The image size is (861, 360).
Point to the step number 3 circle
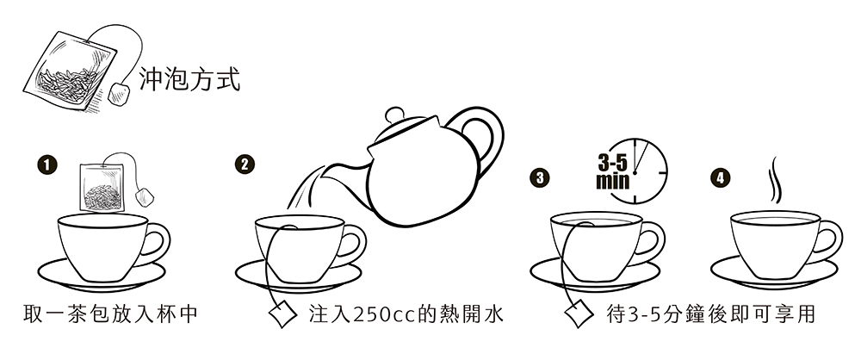click(x=540, y=178)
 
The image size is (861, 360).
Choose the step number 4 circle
click(x=719, y=178)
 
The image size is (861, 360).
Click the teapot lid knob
click(x=395, y=115)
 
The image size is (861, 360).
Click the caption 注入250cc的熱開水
click(x=406, y=314)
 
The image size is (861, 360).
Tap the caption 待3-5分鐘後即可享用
click(x=709, y=314)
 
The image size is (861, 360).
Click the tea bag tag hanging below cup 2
click(x=282, y=315)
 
